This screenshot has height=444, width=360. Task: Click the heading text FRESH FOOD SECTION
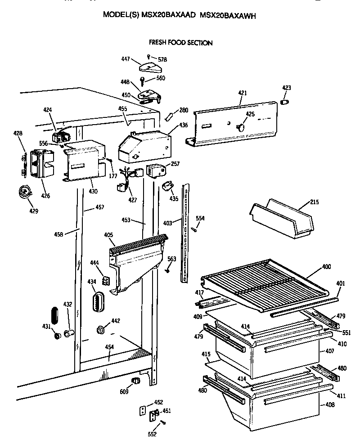click(x=180, y=43)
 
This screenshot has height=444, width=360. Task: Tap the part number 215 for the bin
click(x=314, y=202)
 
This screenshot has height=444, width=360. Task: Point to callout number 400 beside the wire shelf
click(x=326, y=267)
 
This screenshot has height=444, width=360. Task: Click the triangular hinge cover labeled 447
click(x=149, y=67)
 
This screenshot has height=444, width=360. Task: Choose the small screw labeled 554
click(x=194, y=229)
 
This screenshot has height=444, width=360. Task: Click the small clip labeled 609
click(x=134, y=381)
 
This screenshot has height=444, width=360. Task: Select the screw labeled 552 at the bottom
click(x=163, y=422)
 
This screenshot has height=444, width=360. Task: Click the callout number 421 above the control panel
click(x=243, y=93)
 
